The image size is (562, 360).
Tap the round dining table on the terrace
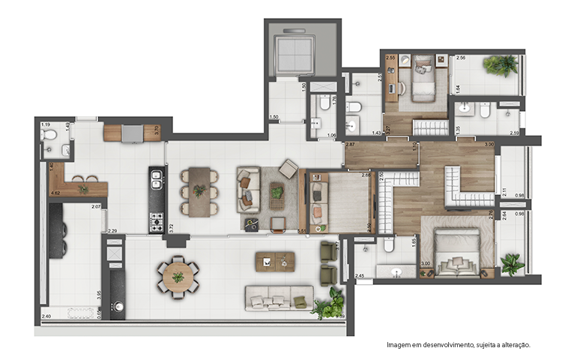coord(178,277)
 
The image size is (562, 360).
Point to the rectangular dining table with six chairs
coord(199,191)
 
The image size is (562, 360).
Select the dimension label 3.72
coord(172,225)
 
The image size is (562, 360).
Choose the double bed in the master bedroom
coord(458,252)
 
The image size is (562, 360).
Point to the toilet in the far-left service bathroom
coord(50,134)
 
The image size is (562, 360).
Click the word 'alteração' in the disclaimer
coord(513,345)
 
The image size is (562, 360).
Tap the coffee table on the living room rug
coord(277,192)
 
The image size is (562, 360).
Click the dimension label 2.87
coord(350,144)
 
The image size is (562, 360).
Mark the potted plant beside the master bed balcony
coord(513,263)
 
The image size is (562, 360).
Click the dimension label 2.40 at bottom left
coord(46,316)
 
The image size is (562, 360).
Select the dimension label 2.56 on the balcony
coord(461,58)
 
